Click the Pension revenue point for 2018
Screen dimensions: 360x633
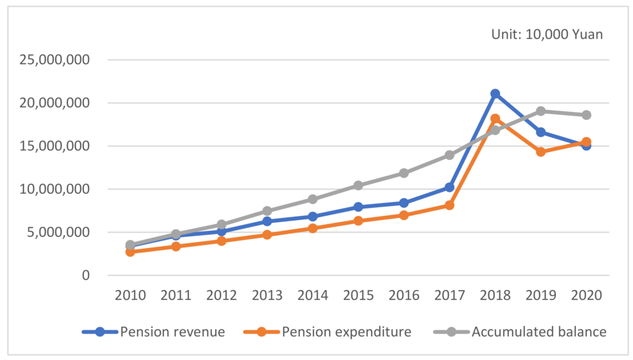click(x=495, y=93)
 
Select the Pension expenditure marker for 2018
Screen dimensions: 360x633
click(x=495, y=119)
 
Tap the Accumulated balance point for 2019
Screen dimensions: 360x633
click(x=540, y=111)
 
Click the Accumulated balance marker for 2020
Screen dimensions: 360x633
click(x=586, y=115)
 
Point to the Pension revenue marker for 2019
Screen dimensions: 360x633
click(x=540, y=132)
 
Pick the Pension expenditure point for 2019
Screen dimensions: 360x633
click(x=540, y=152)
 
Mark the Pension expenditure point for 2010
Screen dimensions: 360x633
click(x=130, y=252)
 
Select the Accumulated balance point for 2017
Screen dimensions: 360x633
click(x=449, y=155)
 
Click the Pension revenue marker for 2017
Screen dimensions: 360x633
click(x=449, y=187)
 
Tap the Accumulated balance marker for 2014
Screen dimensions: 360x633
click(x=312, y=199)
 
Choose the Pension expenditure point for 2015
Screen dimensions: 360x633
click(x=358, y=221)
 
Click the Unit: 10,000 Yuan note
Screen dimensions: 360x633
click(x=546, y=35)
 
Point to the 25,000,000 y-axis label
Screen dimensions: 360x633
click(x=55, y=60)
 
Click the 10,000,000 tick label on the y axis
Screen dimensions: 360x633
click(x=55, y=189)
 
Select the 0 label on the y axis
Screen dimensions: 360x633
click(x=85, y=275)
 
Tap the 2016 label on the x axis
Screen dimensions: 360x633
click(x=404, y=294)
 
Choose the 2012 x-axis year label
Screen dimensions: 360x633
click(x=221, y=294)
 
